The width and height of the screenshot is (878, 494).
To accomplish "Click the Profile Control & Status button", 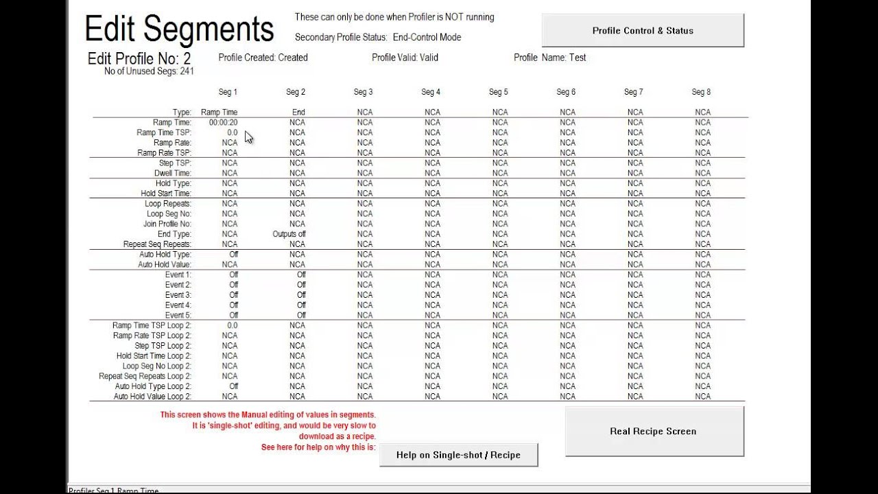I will tap(643, 31).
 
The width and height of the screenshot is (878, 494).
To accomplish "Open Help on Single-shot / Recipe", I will tap(458, 455).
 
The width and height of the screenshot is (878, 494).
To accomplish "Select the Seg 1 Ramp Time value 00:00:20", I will tap(224, 122).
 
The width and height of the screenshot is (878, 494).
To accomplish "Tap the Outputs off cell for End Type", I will tap(289, 234).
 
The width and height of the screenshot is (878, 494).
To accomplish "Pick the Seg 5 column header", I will tap(499, 92).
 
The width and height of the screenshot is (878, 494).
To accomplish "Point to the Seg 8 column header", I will tap(701, 92).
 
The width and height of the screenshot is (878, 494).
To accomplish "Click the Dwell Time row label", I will tap(172, 173).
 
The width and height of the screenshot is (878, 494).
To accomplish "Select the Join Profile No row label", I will tap(167, 224).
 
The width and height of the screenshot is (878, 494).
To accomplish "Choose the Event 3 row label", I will tap(178, 295).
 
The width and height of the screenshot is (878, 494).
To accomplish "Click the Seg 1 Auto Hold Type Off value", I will tap(233, 255).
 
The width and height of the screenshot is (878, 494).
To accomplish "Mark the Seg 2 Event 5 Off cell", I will tap(301, 316).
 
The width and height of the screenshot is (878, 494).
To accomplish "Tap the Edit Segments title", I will tap(179, 30).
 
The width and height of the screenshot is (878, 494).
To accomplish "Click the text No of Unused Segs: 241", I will tap(149, 71).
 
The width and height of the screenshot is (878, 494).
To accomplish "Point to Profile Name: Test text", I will tap(549, 58).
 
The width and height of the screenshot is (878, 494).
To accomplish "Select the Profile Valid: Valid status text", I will tap(405, 58).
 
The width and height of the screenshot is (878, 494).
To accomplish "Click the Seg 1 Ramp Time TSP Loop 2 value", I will tap(232, 325).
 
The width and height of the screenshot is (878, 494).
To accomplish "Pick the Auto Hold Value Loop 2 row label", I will tap(152, 397).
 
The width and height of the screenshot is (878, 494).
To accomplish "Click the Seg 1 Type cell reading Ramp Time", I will tap(219, 112).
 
